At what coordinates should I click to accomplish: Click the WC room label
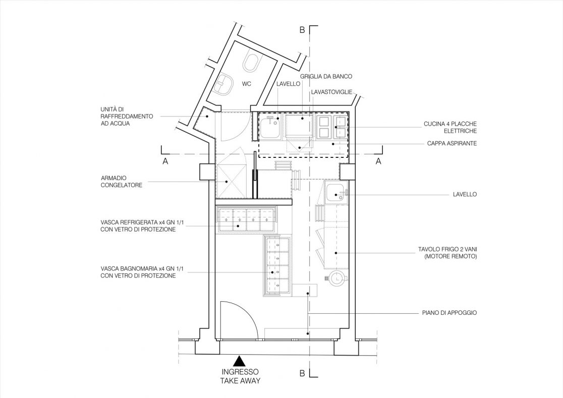(x=246, y=84)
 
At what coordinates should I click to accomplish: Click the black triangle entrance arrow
(x=240, y=361)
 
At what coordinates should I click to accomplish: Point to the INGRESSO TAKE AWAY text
(x=240, y=376)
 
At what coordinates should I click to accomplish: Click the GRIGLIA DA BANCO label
(x=326, y=77)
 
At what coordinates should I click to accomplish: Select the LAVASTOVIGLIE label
(x=331, y=92)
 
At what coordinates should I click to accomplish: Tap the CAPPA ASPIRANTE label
(x=452, y=143)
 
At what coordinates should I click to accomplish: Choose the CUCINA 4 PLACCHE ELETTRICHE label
(x=451, y=128)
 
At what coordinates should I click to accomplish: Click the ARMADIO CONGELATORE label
(x=122, y=182)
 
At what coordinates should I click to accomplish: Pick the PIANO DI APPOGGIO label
(x=449, y=313)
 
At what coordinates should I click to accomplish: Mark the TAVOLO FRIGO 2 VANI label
(x=447, y=253)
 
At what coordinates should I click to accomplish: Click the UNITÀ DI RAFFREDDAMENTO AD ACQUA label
(x=127, y=117)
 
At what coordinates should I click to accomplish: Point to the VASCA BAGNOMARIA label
(x=138, y=272)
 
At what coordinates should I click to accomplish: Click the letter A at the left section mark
(x=165, y=161)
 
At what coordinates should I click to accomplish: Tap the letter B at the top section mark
(x=302, y=30)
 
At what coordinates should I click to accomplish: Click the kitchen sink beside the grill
(x=270, y=127)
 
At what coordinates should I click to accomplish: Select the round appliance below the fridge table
(x=336, y=278)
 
